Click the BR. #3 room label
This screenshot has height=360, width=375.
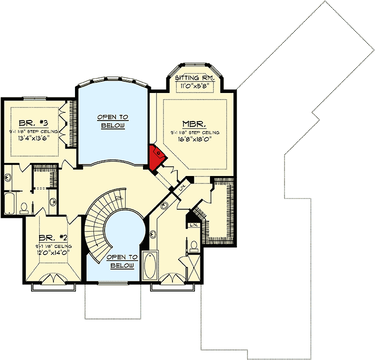coord(30,122)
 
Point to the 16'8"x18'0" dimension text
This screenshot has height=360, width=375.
coord(195,140)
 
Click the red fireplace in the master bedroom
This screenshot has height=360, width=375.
coord(156,156)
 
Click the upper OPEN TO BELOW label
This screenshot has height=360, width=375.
coord(112,120)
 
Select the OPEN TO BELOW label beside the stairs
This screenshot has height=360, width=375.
coord(122,261)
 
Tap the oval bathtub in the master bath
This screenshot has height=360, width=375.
coord(150,267)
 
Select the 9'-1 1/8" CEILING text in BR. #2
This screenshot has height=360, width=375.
coord(53,246)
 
